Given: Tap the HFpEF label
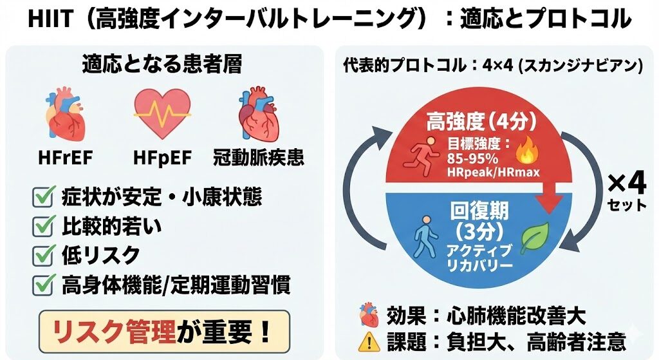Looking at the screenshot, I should pos(162,156).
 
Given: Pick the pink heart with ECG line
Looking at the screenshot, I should pos(162,115).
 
